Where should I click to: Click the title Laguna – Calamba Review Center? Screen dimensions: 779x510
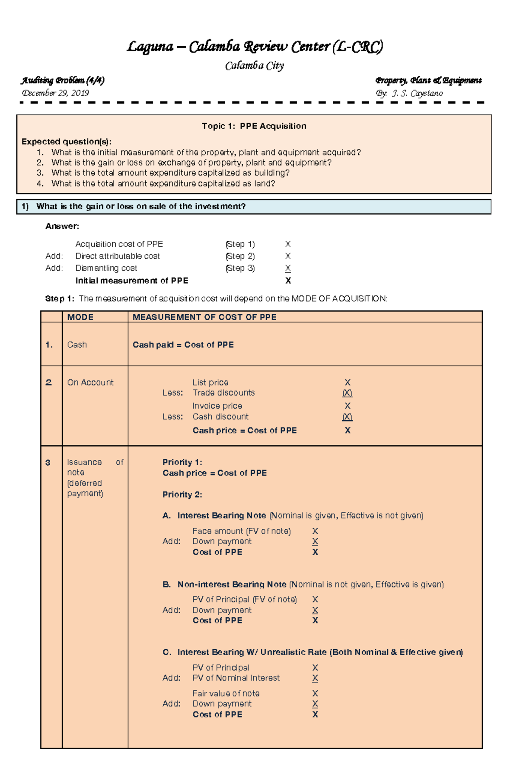255,47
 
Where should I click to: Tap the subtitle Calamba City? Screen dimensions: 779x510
254,66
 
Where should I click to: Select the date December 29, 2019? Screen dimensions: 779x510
55,93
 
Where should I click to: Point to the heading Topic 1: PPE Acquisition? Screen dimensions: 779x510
254,126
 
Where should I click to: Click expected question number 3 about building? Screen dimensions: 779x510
170,173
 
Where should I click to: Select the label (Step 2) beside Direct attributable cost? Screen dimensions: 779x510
240,256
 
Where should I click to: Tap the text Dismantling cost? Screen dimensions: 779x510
106,268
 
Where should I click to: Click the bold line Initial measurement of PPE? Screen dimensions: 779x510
132,281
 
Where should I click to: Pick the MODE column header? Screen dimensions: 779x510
80,317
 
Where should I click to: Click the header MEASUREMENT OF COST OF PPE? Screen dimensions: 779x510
204,317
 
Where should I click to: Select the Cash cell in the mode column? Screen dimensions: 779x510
77,345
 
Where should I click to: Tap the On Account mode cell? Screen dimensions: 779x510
90,382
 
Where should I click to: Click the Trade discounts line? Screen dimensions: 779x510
224,393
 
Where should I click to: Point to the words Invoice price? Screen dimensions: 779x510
217,406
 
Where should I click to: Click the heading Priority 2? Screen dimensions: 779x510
182,495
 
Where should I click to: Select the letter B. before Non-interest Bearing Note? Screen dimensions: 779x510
167,585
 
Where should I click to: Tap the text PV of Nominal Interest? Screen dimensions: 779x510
236,678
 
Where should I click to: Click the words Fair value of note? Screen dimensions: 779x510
226,693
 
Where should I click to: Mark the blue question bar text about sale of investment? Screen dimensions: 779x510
141,207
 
